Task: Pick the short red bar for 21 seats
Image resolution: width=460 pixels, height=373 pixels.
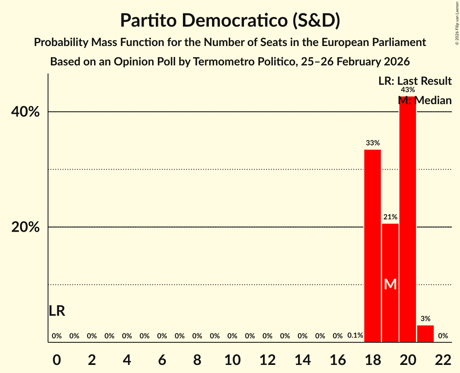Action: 425,333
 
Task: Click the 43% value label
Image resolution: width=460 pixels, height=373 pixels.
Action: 407,90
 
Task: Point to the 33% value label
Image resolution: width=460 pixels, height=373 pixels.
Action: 372,143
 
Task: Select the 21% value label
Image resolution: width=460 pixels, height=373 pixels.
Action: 390,217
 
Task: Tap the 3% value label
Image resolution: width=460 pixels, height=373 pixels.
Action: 425,319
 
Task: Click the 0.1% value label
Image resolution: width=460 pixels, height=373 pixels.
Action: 355,335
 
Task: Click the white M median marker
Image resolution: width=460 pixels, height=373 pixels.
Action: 390,285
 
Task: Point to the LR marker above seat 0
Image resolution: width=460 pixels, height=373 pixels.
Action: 57,311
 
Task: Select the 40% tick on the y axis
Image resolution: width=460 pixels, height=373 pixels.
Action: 25,112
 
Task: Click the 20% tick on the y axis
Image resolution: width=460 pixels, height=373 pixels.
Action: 25,227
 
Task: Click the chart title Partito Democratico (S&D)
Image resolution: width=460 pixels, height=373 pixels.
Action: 230,21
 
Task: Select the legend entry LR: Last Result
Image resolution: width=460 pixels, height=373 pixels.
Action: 415,81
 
